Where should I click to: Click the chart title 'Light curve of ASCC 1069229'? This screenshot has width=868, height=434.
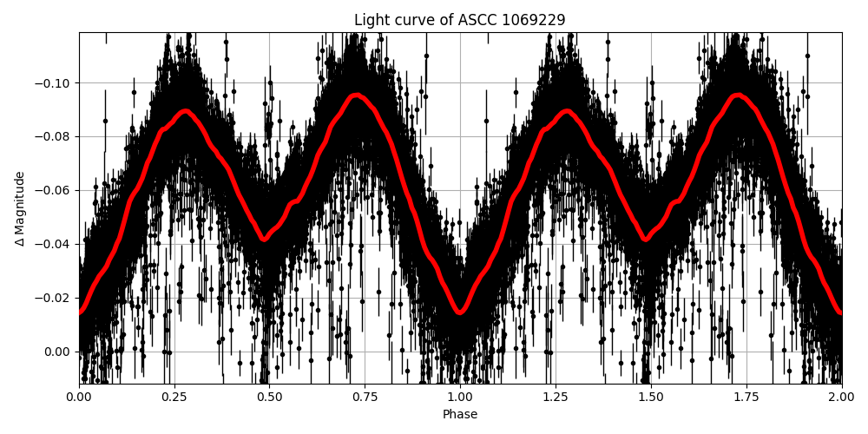coord(460,20)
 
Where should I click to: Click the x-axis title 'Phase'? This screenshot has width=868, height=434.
coord(460,415)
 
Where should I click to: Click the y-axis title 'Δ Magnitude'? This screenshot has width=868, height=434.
coord(20,208)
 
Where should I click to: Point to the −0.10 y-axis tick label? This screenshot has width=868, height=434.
coord(54,83)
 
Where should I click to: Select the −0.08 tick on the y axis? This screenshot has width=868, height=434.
coord(54,137)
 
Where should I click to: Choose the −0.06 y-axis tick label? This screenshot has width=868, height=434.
coord(54,191)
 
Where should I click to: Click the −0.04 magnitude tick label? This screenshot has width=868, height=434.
coord(54,244)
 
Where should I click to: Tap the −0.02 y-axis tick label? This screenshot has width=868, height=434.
coord(54,298)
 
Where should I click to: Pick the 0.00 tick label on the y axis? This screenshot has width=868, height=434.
coord(57,352)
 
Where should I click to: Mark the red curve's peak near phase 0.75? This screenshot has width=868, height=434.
coord(357,95)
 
